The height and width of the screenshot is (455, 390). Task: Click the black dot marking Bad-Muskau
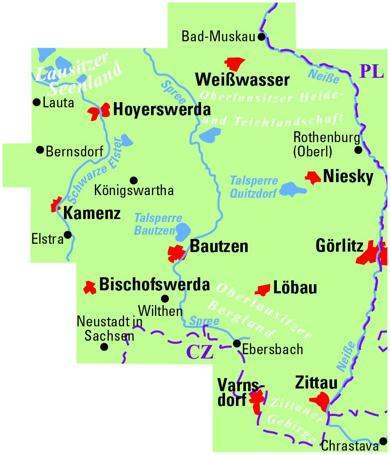point(262,37)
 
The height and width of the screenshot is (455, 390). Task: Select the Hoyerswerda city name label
point(161,110)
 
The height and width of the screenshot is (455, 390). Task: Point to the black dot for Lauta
point(37,103)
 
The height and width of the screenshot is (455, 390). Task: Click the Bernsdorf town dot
point(40,150)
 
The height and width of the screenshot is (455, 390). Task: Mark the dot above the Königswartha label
point(134,180)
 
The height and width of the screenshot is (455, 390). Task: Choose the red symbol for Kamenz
point(56,205)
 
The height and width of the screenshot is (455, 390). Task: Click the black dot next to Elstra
point(68,236)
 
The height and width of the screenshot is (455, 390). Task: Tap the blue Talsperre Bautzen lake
point(182,231)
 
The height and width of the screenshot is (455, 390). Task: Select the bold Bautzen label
point(219,246)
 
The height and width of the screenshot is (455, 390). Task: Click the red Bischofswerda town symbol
point(90,287)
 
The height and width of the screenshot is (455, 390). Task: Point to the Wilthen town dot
point(165,299)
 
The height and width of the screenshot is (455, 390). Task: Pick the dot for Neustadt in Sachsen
point(104,347)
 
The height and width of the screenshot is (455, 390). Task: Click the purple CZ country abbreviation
point(200,352)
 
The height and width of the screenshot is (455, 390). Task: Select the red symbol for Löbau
point(263,289)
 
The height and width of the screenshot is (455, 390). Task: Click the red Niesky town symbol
point(313,177)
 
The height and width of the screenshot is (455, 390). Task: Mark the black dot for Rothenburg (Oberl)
point(358,150)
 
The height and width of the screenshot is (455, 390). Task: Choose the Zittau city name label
point(316,383)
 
